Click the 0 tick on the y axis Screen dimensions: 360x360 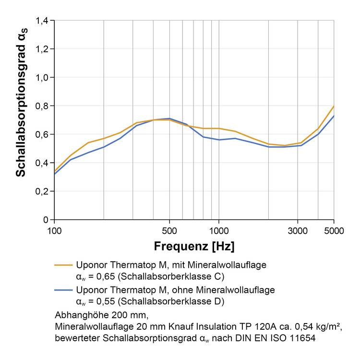click(46, 220)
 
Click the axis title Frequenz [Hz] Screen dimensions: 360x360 click(194, 247)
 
